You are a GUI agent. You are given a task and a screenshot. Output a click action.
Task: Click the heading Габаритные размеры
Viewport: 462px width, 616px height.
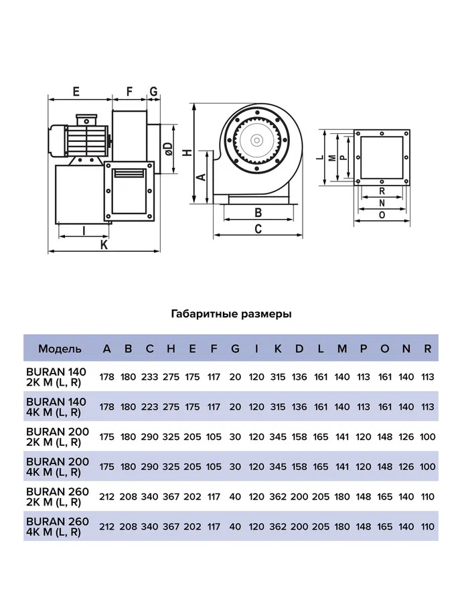[231, 313]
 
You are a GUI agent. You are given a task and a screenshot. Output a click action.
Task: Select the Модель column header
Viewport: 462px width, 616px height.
[60, 348]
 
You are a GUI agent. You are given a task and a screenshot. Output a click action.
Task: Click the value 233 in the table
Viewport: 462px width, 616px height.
[149, 377]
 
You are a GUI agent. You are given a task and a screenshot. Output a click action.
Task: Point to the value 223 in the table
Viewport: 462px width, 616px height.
[149, 406]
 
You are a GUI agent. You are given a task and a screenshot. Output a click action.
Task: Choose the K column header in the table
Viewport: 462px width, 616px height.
[278, 348]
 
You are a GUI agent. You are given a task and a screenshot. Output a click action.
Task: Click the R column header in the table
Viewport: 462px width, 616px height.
[427, 348]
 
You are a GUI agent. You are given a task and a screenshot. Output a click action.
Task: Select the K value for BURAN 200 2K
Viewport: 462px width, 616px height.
[278, 437]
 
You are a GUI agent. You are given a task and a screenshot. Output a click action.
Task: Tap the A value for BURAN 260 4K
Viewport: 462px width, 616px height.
[106, 527]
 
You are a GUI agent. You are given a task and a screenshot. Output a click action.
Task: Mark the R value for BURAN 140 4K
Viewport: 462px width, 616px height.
[427, 406]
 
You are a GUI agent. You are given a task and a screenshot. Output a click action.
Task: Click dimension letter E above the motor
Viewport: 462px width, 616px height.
[76, 90]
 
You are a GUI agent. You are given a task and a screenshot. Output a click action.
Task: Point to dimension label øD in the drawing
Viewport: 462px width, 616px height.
[169, 149]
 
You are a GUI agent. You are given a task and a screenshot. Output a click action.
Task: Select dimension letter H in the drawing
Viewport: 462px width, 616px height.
[188, 152]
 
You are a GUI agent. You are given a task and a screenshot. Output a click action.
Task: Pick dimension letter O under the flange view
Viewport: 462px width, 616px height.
[382, 215]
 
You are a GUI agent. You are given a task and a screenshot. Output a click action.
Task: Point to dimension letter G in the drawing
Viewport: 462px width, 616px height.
[153, 90]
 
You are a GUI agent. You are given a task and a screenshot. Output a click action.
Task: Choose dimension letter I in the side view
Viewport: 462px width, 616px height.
[84, 230]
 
